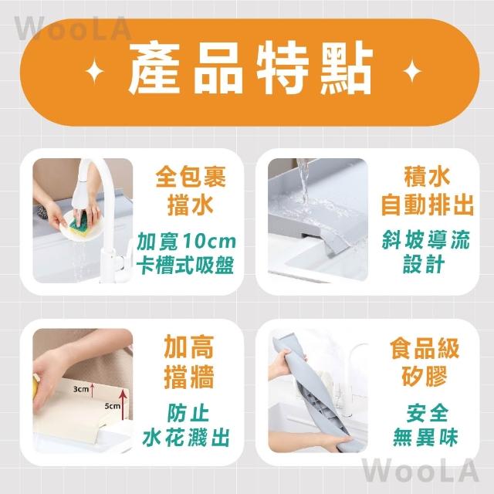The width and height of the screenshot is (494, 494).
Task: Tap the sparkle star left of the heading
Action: (x=94, y=71)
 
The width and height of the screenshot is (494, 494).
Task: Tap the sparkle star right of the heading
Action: (x=412, y=70)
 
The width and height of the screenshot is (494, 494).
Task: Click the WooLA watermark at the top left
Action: (x=73, y=29)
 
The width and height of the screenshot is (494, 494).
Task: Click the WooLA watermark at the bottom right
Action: (x=420, y=471)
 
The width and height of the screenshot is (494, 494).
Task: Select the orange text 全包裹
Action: (x=191, y=177)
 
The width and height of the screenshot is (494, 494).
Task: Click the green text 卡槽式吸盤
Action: (x=185, y=265)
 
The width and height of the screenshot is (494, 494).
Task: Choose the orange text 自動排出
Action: (x=428, y=205)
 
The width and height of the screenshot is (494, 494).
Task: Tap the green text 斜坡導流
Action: (x=425, y=240)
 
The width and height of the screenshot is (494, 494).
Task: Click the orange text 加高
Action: (x=189, y=347)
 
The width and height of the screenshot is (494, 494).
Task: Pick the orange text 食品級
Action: (x=425, y=348)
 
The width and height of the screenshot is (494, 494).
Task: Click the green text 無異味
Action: (x=425, y=438)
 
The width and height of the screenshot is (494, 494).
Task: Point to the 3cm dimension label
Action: (x=81, y=389)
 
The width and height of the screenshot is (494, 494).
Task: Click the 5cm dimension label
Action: (x=113, y=406)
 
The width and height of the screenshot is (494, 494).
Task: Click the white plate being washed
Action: (x=80, y=225)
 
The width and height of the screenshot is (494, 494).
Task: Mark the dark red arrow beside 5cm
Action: (x=123, y=404)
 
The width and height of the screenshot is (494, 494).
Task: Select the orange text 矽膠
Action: (x=425, y=376)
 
